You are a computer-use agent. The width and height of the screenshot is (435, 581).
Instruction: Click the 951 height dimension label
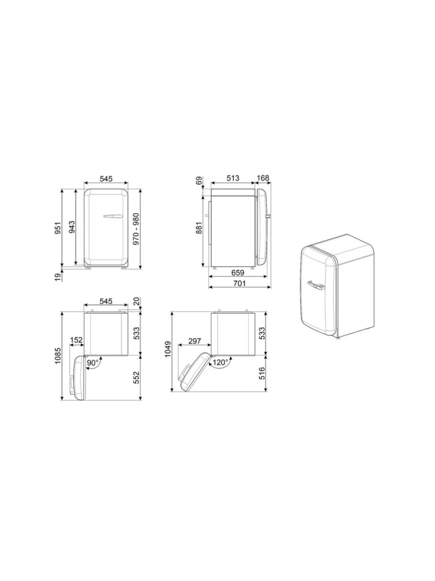[x=58, y=228]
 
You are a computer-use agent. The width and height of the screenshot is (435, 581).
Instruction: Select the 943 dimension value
[x=72, y=227]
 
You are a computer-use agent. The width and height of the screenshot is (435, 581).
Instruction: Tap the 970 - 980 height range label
[x=136, y=229]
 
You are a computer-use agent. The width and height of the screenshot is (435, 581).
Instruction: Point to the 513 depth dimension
[x=233, y=178]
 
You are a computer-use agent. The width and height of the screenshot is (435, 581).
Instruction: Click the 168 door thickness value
[x=263, y=178]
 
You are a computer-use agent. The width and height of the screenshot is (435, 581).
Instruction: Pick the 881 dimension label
[x=199, y=228]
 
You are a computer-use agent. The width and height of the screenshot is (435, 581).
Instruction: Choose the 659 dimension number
[x=237, y=272]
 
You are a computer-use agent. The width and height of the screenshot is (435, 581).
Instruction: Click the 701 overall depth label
[x=240, y=283]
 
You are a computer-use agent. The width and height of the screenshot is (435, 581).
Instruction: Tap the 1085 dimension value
[x=58, y=356]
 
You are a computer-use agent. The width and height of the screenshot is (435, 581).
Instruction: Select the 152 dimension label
[x=76, y=340]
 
